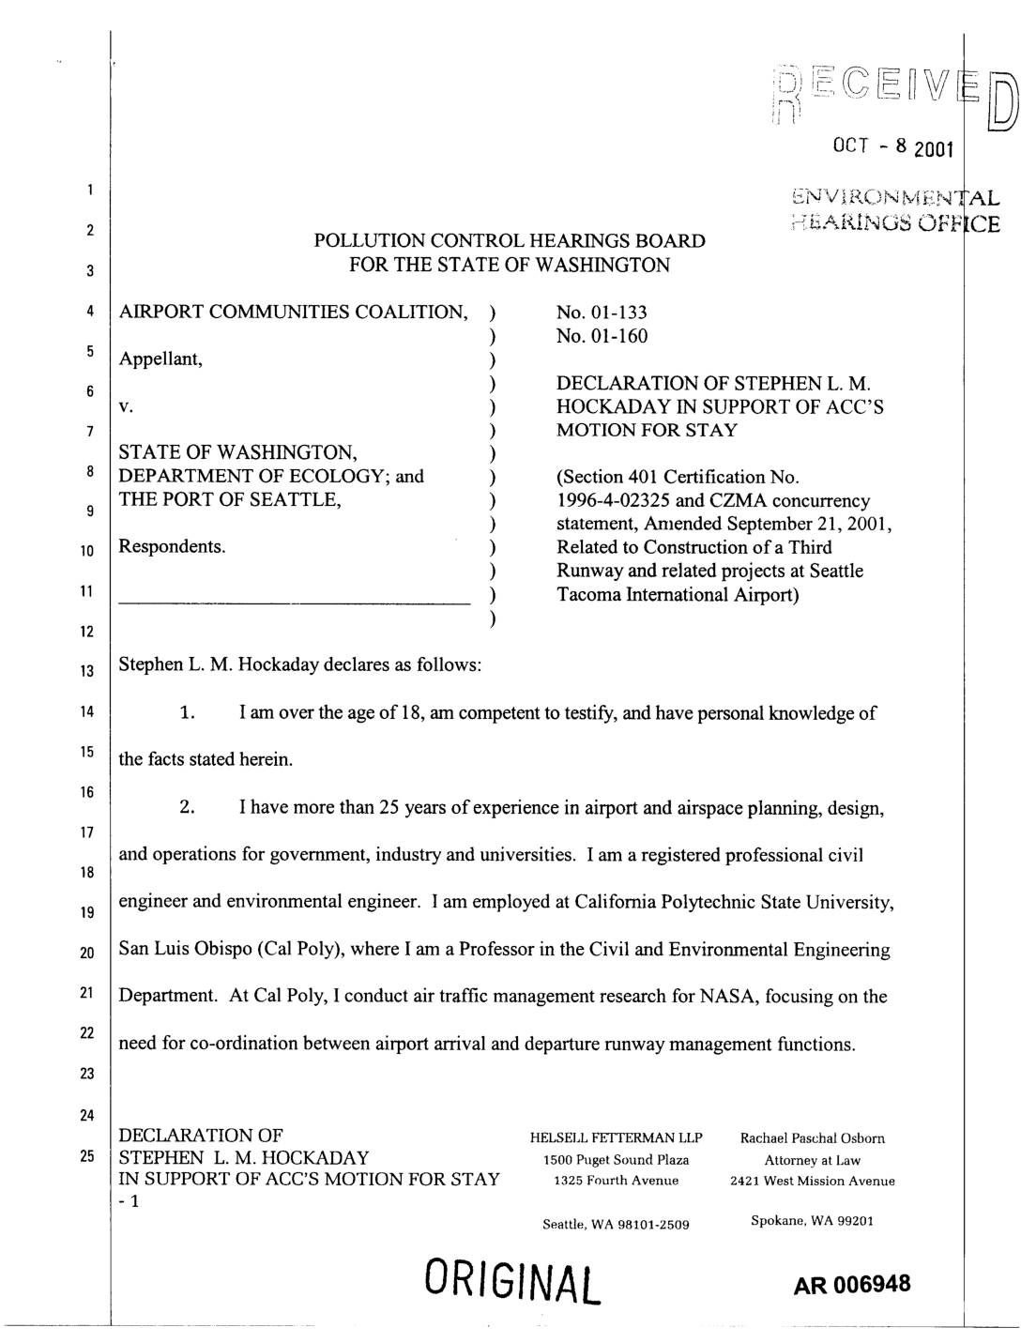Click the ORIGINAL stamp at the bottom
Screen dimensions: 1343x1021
click(512, 1279)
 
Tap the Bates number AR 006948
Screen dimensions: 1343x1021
click(852, 1283)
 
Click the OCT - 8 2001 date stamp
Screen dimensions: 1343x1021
click(892, 147)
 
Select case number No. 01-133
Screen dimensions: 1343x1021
click(602, 313)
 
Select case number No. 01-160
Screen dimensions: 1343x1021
click(602, 336)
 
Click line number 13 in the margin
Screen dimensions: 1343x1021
click(86, 671)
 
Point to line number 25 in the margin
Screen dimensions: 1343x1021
click(86, 1155)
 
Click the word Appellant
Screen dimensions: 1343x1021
click(160, 359)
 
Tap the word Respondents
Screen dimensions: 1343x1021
click(172, 546)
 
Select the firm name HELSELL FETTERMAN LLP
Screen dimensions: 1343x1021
click(617, 1138)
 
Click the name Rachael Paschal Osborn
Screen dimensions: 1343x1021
click(813, 1138)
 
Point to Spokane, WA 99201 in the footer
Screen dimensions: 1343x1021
click(813, 1221)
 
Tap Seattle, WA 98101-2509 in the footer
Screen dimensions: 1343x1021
click(617, 1224)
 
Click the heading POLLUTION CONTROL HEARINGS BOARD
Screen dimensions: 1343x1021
click(510, 241)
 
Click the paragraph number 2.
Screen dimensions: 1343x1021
click(187, 808)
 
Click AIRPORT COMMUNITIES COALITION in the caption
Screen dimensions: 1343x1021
click(293, 313)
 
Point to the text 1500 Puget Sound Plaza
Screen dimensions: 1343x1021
click(617, 1160)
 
